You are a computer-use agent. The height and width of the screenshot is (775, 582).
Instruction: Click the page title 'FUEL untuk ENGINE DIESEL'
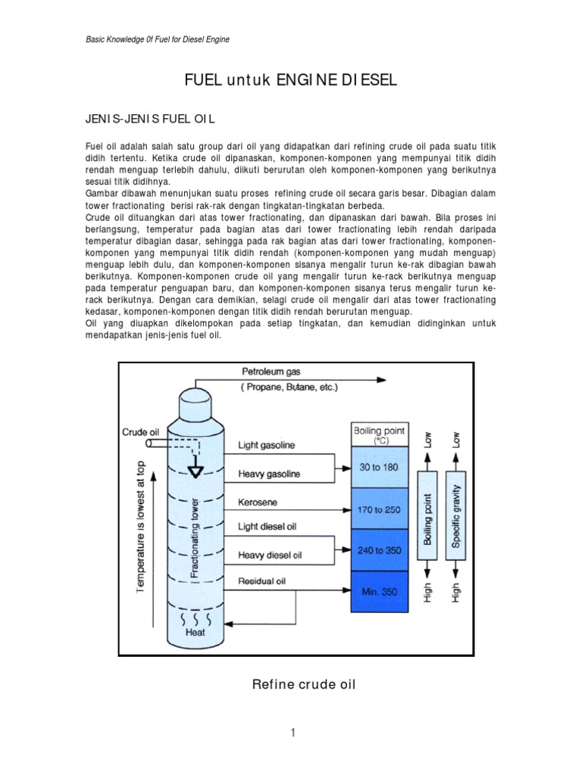click(x=291, y=80)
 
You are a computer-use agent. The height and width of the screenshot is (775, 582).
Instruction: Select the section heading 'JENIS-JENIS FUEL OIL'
click(x=150, y=118)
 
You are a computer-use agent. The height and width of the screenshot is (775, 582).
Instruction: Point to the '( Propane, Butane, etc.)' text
click(x=289, y=387)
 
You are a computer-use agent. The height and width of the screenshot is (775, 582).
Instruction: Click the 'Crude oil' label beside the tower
click(x=140, y=431)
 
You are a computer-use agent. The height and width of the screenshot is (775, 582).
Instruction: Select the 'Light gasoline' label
click(x=268, y=444)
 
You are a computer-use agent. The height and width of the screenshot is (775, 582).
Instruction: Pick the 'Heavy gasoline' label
click(x=269, y=475)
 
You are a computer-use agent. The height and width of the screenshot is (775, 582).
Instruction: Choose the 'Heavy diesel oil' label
click(x=271, y=554)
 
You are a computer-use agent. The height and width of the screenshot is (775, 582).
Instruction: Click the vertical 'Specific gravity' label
click(x=455, y=520)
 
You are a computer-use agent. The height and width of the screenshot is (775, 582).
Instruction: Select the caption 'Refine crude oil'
click(x=303, y=685)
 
